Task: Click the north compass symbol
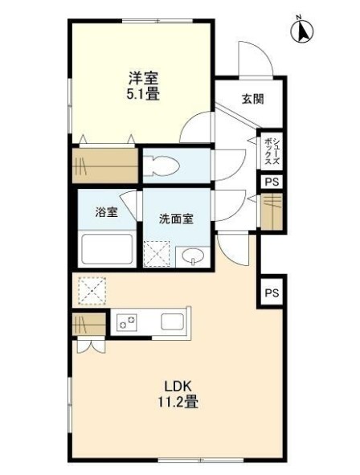[x=301, y=30]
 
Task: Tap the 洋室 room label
[x=143, y=79]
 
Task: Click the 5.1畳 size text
[x=143, y=94]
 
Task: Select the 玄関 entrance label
[x=252, y=99]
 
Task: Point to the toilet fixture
[x=161, y=166]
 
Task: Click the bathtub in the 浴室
[x=107, y=249]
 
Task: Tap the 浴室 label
[x=106, y=212]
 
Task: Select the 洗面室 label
[x=176, y=219]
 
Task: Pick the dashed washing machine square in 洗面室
[x=157, y=254]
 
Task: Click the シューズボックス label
[x=272, y=151]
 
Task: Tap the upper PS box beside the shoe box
[x=272, y=182]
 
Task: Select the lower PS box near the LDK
[x=272, y=293]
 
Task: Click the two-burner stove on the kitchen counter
[x=127, y=322]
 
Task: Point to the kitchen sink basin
[x=172, y=321]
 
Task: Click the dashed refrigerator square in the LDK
[x=92, y=290]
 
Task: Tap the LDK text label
[x=178, y=387]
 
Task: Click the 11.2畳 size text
[x=178, y=402]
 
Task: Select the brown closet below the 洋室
[x=105, y=166]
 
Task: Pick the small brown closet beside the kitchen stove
[x=89, y=324]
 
